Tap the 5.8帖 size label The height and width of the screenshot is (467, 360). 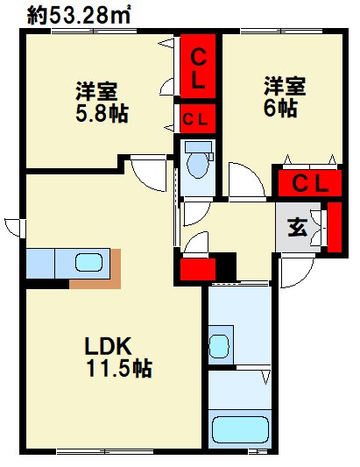[97, 113]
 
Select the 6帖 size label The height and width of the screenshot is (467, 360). [283, 108]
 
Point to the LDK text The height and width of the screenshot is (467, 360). [105, 345]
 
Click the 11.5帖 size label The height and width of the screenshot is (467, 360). [118, 369]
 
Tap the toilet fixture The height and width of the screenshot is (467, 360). [199, 163]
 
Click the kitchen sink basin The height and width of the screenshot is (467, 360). [88, 262]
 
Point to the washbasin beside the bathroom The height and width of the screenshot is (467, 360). [219, 343]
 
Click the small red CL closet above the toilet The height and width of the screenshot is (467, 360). [196, 117]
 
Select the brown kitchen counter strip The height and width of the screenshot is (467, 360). [96, 279]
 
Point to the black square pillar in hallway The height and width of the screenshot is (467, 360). [225, 262]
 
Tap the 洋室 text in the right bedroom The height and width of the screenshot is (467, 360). [286, 87]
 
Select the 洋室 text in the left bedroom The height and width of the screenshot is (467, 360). [98, 91]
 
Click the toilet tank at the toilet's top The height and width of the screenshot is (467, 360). [199, 146]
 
